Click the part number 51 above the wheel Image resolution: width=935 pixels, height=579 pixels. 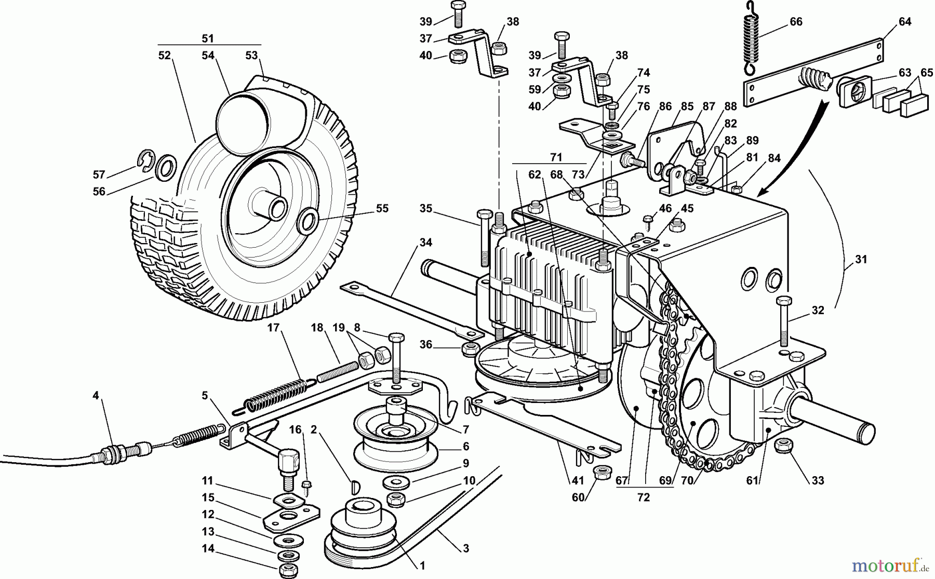(x=208, y=38)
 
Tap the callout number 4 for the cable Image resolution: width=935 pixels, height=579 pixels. (x=95, y=396)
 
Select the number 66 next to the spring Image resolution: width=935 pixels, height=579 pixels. (x=796, y=22)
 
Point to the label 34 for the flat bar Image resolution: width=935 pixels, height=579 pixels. (x=426, y=243)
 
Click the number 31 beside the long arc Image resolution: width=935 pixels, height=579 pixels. (x=861, y=259)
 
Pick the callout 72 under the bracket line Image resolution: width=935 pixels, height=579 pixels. (x=643, y=497)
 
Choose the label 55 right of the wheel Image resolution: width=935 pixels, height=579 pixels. (x=382, y=209)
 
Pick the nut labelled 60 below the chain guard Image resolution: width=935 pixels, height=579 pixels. (x=603, y=473)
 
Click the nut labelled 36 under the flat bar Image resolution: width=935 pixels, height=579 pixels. (x=470, y=347)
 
